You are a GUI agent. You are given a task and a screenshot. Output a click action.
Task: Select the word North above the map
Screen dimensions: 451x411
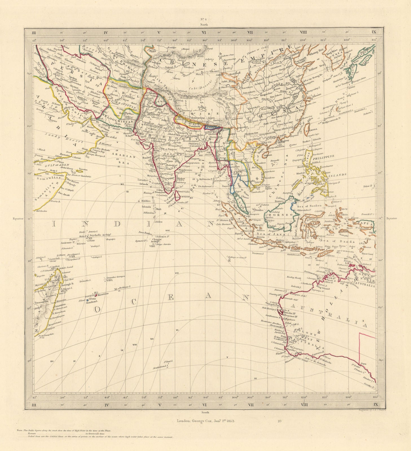(204, 25)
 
